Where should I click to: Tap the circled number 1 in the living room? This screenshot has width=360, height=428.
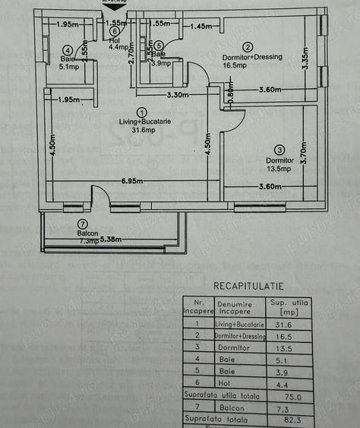pos(142,112)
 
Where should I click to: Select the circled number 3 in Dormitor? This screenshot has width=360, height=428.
pos(280,150)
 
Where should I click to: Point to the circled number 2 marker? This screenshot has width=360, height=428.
pos(248,46)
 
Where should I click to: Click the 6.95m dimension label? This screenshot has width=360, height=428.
pos(134,182)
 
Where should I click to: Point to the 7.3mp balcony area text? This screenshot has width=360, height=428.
pos(87,241)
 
